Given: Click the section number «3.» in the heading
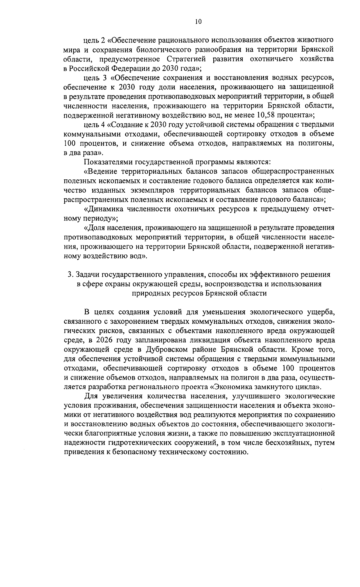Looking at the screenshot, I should coord(70,274).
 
